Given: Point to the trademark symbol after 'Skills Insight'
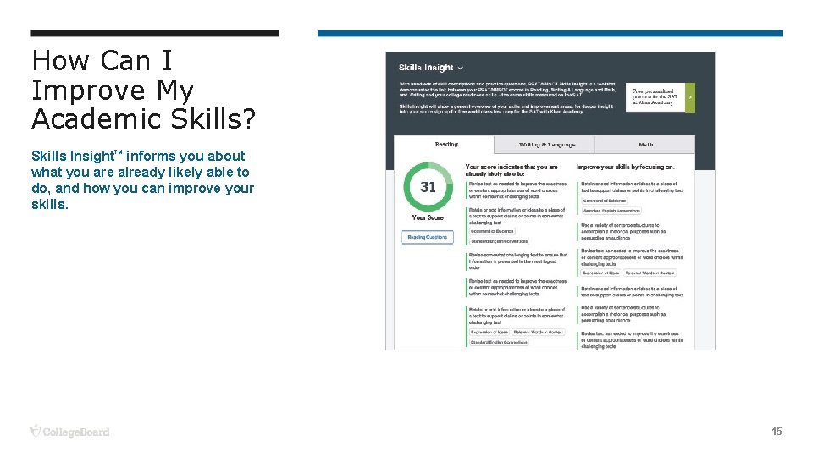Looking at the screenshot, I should pyautogui.click(x=119, y=152).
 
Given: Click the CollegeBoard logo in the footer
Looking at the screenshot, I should pyautogui.click(x=70, y=432).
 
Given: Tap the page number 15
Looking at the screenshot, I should pyautogui.click(x=777, y=432).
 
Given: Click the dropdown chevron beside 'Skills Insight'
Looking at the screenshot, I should pyautogui.click(x=461, y=68).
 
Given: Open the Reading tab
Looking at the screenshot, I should pyautogui.click(x=446, y=145).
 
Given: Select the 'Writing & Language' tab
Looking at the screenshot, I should pyautogui.click(x=547, y=145).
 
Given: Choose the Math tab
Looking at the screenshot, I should pyautogui.click(x=645, y=145).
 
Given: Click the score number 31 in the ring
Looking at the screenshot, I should pyautogui.click(x=428, y=187).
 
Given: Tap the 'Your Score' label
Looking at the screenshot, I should pyautogui.click(x=428, y=217).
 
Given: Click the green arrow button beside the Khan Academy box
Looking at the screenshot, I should pyautogui.click(x=689, y=97).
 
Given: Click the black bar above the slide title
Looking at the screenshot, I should pyautogui.click(x=154, y=34).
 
